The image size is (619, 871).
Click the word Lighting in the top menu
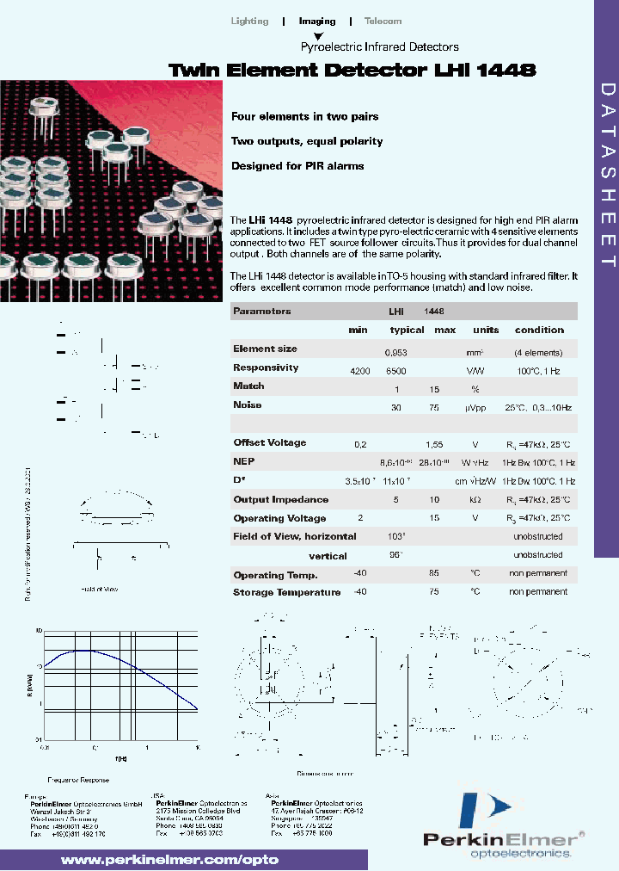[x=250, y=21]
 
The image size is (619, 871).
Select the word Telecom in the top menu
[x=383, y=21]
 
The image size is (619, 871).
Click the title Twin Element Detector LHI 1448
[x=352, y=71]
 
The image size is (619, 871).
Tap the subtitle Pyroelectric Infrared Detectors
[x=379, y=47]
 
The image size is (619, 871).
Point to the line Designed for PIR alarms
[x=297, y=165]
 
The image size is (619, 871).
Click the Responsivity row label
[x=266, y=368]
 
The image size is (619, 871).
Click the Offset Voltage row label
[x=269, y=442]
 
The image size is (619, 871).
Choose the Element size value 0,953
[x=396, y=352]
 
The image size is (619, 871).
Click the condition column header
[x=539, y=330]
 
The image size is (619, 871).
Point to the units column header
[x=486, y=330]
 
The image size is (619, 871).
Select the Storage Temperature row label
[x=286, y=592]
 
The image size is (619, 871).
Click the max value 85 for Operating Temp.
[x=435, y=573]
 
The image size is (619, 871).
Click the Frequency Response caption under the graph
[x=78, y=780]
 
